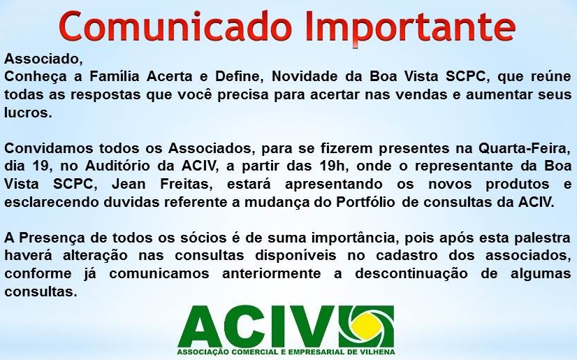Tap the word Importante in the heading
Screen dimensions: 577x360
410,27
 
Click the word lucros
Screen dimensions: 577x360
28,113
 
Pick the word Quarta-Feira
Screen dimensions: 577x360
525,148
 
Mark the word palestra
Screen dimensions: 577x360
542,238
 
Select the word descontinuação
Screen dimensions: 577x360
411,273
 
